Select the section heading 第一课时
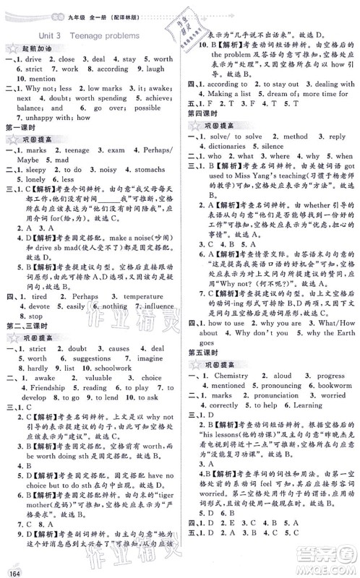[x=21, y=129]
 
